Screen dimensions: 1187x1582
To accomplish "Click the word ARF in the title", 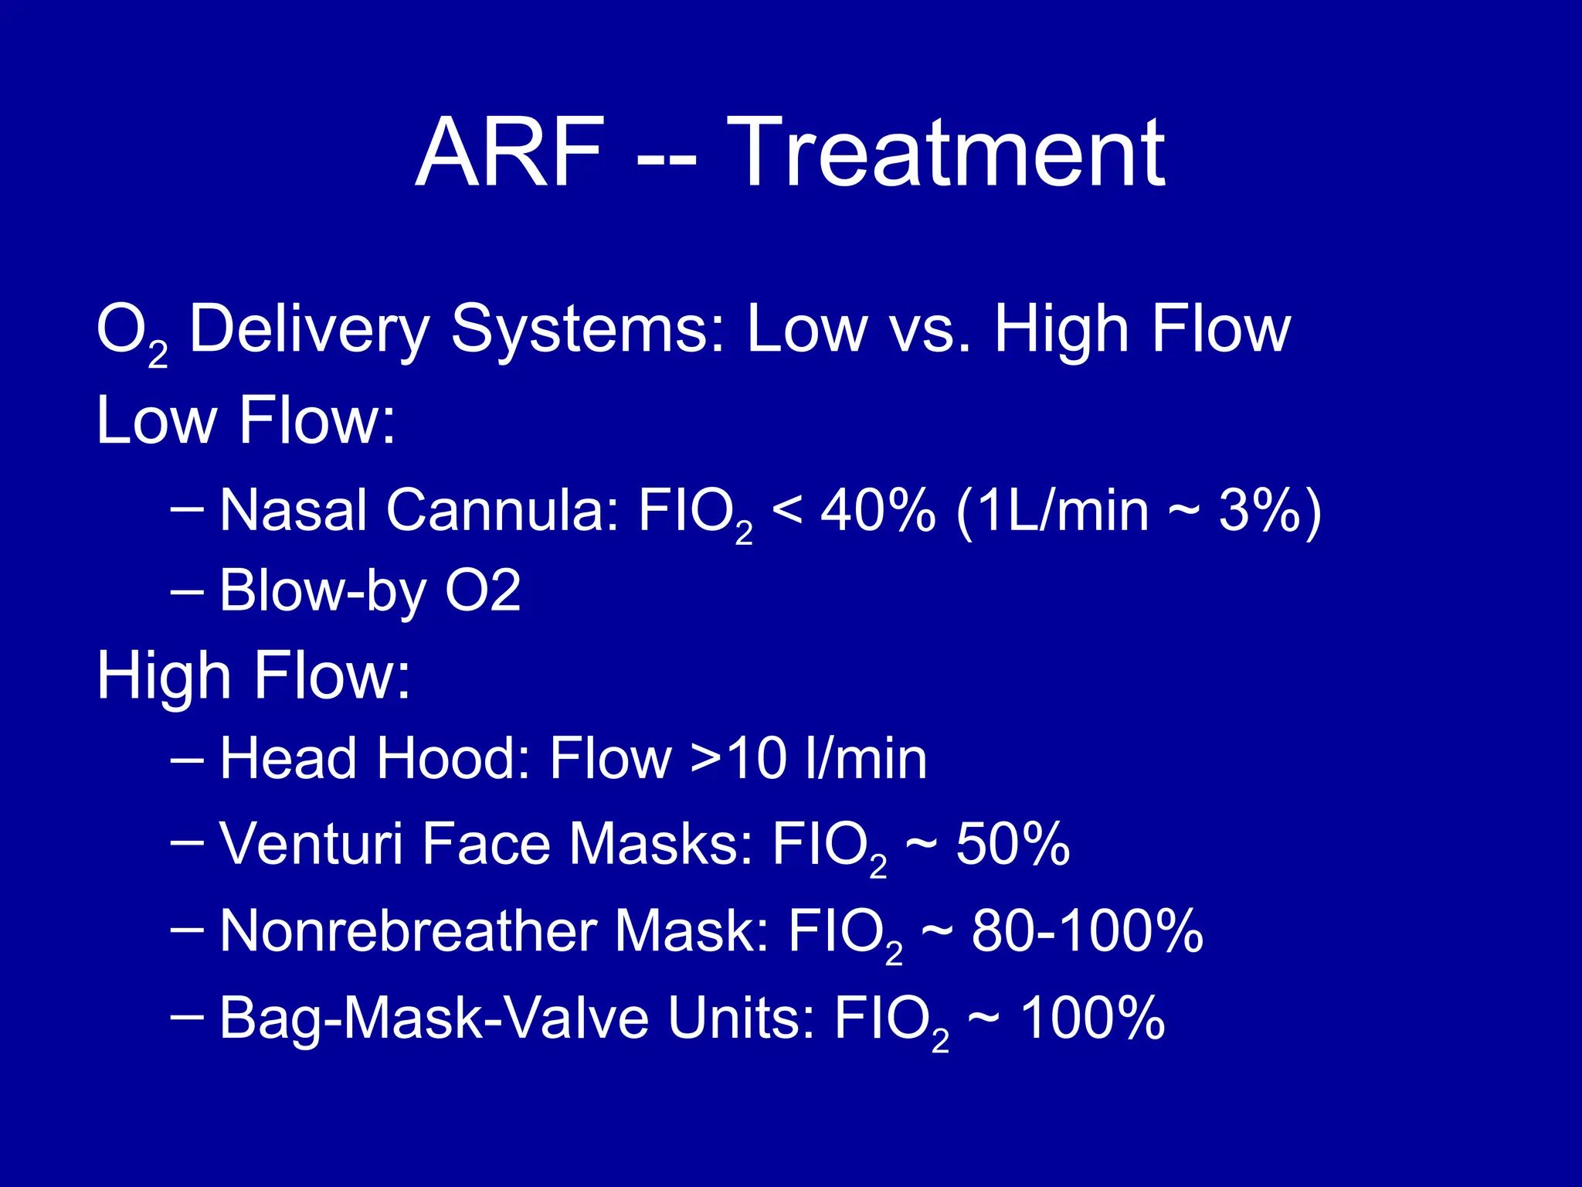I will coord(509,152).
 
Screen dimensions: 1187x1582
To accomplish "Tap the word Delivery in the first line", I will coord(309,331).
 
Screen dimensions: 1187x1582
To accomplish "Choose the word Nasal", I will coord(294,511).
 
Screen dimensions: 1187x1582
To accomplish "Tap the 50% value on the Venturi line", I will coord(1013,844).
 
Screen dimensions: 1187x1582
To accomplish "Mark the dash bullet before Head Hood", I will coord(186,759).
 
